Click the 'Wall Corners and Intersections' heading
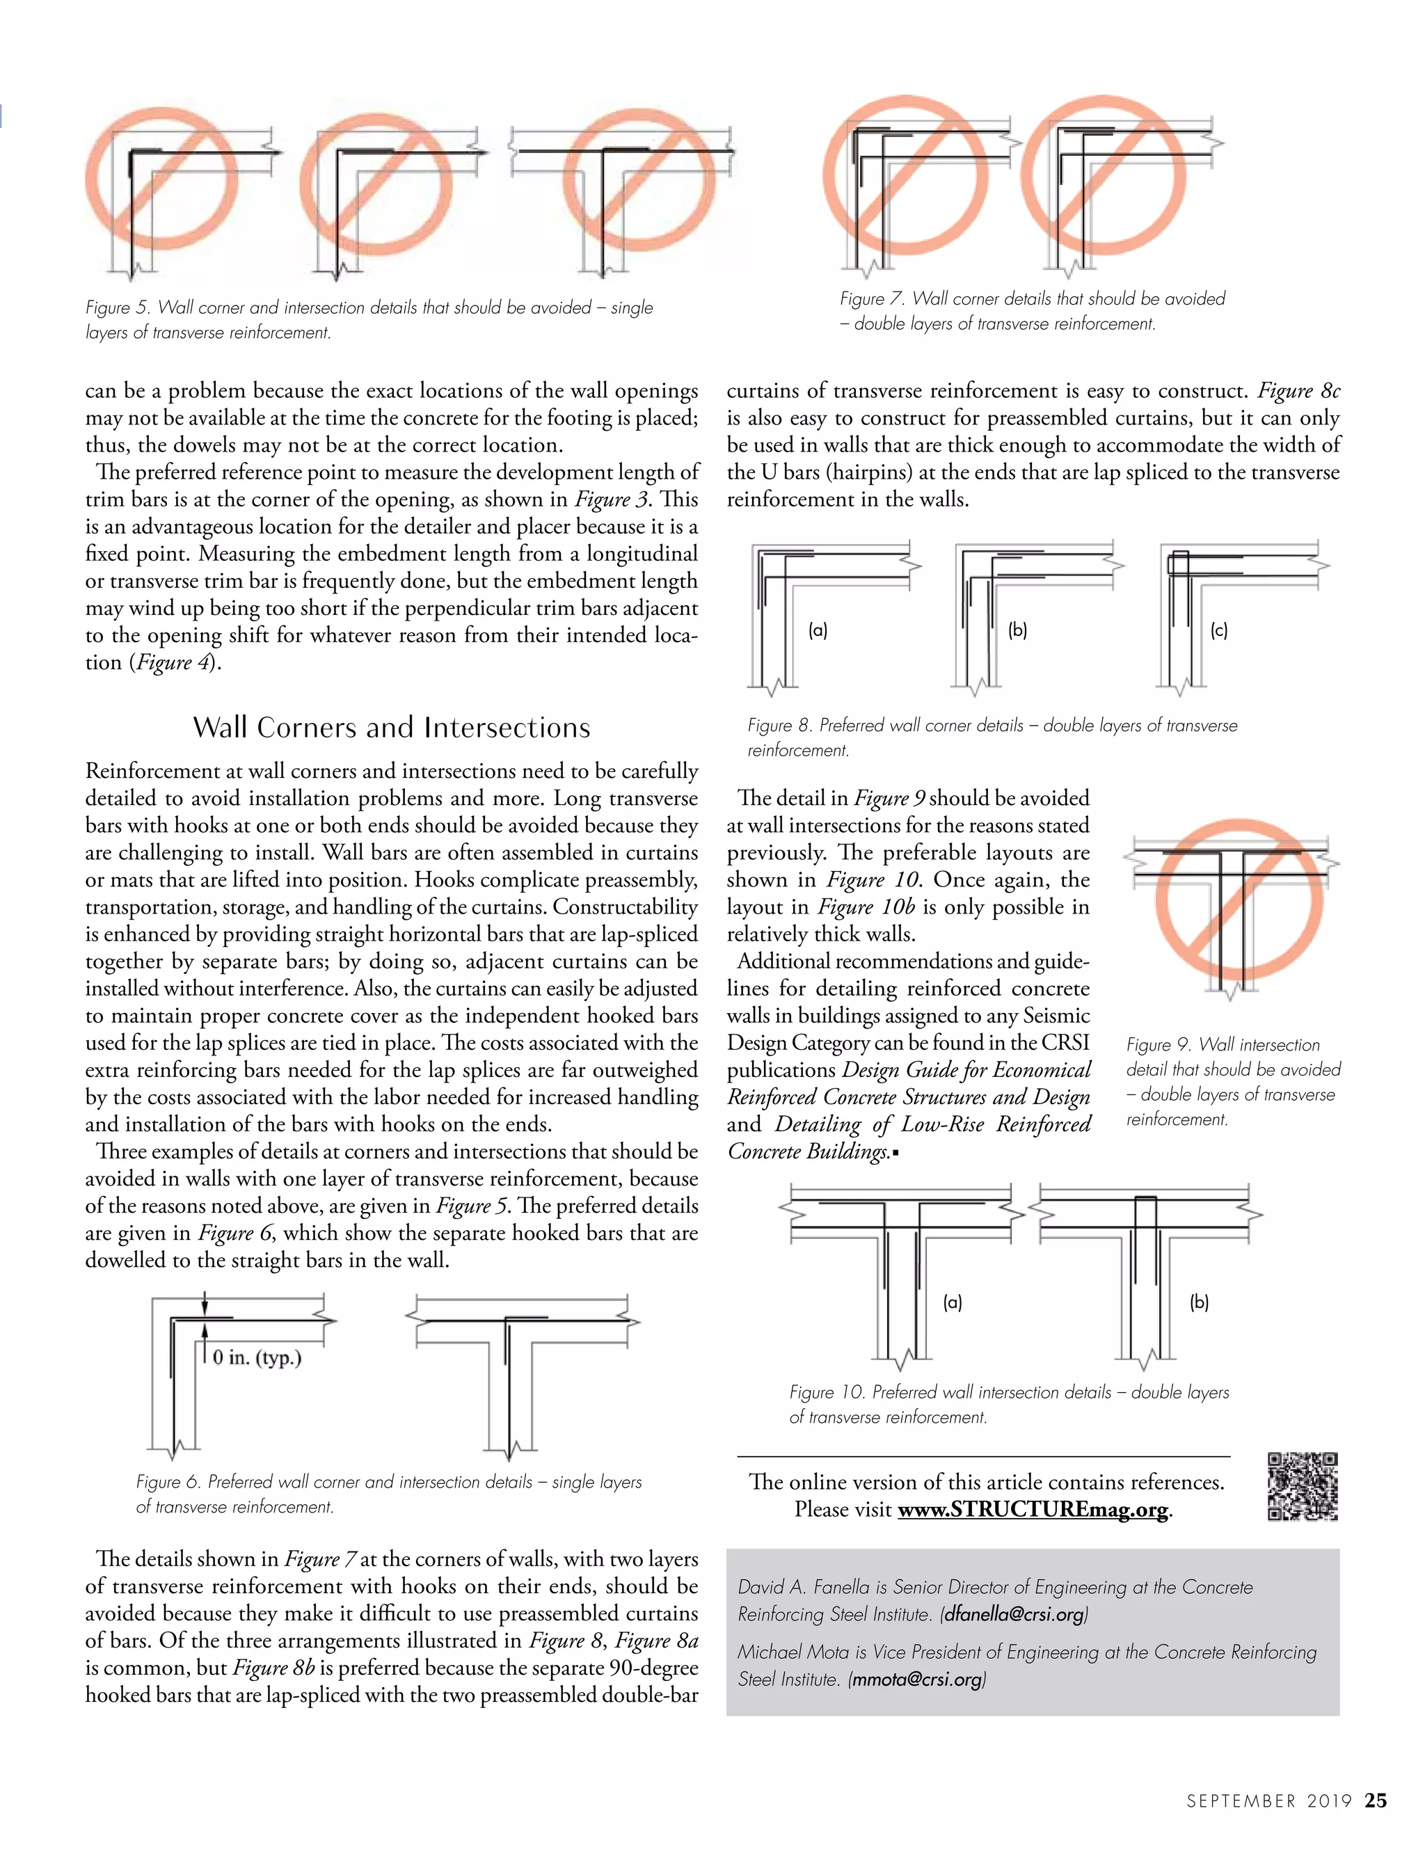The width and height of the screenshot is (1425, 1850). (x=392, y=728)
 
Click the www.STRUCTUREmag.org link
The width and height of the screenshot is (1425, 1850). (x=1033, y=1510)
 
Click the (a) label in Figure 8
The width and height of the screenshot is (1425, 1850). (x=818, y=630)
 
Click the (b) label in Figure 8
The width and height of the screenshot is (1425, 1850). (x=1017, y=630)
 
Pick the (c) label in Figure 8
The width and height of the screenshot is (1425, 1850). (x=1219, y=630)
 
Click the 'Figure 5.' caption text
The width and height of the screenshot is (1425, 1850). (x=118, y=308)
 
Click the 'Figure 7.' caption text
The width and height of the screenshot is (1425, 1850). (x=872, y=298)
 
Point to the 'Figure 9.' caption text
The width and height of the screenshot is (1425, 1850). (x=1158, y=1044)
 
